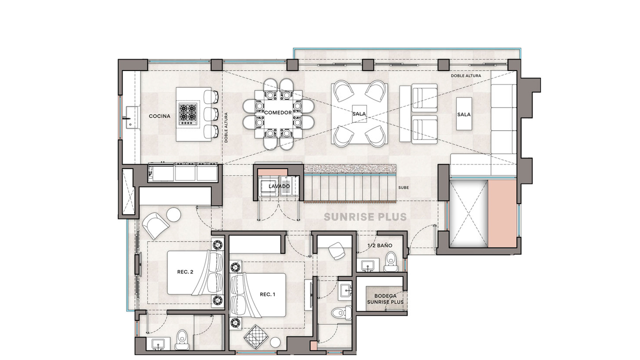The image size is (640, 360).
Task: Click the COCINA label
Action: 159,116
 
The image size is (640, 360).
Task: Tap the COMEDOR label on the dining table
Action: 278,112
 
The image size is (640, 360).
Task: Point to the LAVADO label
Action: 279,186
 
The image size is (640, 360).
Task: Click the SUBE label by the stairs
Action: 403,187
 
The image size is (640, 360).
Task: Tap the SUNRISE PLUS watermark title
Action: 365,217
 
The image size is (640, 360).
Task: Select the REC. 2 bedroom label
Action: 185,272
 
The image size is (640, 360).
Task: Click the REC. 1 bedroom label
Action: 267,294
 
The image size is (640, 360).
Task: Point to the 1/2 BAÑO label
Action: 379,245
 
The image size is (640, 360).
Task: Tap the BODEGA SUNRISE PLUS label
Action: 385,299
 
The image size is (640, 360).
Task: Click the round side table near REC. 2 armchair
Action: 173,214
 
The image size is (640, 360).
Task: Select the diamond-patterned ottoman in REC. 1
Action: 255,337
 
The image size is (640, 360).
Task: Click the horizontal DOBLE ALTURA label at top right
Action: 466,75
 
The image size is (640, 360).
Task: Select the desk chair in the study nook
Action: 337,251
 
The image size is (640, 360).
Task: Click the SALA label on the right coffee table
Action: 463,114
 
